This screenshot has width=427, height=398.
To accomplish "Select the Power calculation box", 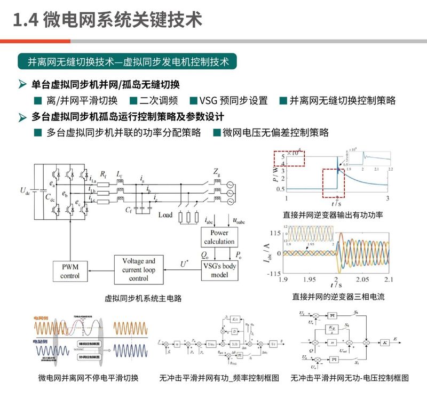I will point(219,237).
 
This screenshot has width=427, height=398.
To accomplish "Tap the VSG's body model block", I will point(219,270).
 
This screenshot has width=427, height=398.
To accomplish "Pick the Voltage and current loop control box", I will point(139,270).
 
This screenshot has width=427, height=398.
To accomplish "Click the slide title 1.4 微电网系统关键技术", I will point(107,21).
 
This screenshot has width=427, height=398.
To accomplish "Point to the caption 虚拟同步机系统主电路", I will point(143,299).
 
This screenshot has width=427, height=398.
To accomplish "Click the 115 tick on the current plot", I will point(275,234).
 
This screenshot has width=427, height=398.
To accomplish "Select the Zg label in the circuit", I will point(217,172).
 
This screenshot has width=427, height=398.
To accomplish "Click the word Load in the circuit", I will point(165,216).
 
